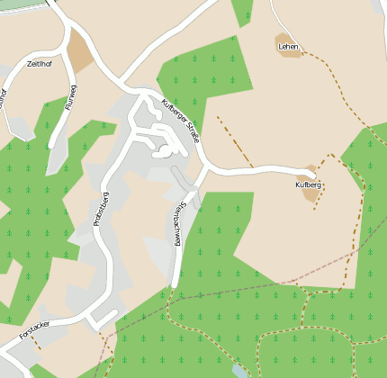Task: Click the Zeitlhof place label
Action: pos(40,64)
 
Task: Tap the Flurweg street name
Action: pos(71,97)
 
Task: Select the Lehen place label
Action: pos(288,46)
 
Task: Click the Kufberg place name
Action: pos(308,184)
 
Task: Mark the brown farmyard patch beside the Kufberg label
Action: pos(311,193)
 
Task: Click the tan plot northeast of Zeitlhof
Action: pos(80,55)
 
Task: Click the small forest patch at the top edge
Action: pos(243,11)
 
